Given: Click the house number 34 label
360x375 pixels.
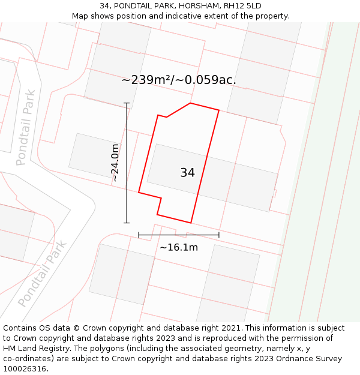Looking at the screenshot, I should [x=187, y=173].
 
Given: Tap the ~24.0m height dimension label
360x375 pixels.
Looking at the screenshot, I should [x=115, y=163].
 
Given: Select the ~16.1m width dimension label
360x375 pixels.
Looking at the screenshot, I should [x=179, y=247].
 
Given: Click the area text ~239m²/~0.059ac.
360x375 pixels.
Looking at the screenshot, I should [x=179, y=80].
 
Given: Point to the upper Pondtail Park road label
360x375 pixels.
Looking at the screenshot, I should [x=26, y=127].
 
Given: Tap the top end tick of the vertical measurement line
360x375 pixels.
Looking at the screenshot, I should [x=127, y=103].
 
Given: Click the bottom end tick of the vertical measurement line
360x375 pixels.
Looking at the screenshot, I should [x=127, y=223].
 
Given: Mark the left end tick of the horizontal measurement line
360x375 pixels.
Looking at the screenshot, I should [x=139, y=235].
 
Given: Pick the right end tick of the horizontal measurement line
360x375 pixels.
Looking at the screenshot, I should [x=219, y=235].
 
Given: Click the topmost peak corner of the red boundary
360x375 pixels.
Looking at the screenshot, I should [x=190, y=103].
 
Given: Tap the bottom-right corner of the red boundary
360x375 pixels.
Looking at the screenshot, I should [x=191, y=223].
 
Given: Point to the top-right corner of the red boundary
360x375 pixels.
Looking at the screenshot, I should [x=219, y=110].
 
